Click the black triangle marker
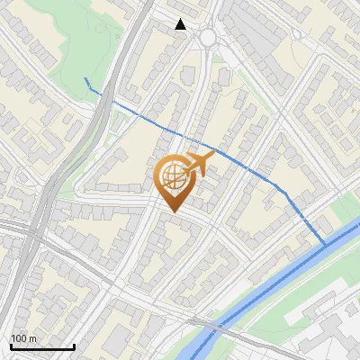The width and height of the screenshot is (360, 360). tap(181, 24)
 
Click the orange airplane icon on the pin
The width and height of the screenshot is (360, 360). tap(199, 164)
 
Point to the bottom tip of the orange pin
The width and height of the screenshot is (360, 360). tap(172, 212)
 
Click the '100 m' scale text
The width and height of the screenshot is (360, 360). tap(24, 337)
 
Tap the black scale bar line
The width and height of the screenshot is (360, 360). tap(42, 347)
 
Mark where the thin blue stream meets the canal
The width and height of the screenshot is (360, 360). tap(326, 244)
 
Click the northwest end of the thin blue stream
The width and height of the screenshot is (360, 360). tap(85, 79)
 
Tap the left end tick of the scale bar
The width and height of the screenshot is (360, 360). tap(11, 346)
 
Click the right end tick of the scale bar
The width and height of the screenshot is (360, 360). tap(75, 346)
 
